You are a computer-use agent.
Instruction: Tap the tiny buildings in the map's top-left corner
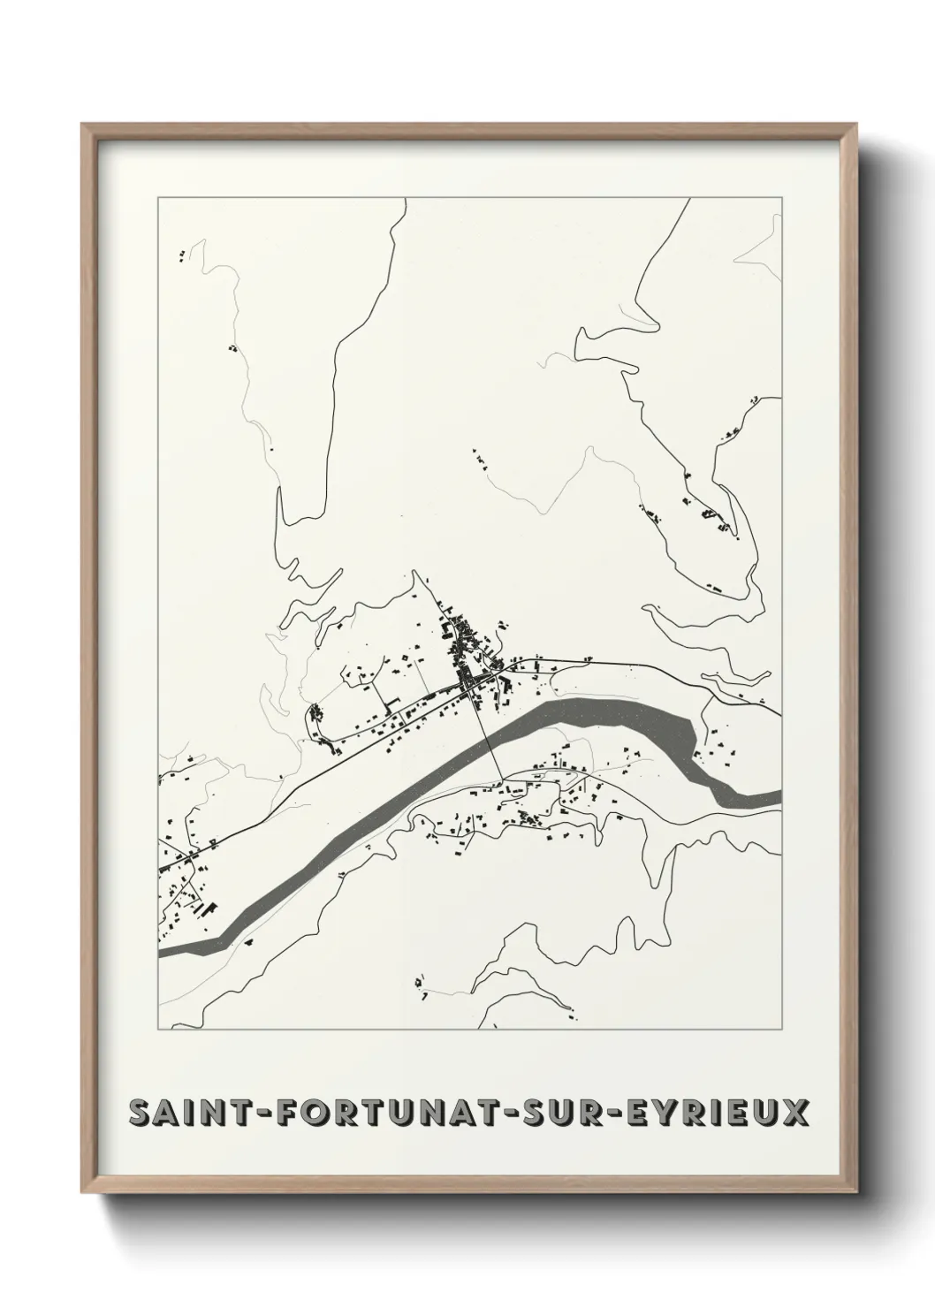183,256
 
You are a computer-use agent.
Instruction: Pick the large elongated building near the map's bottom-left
209,908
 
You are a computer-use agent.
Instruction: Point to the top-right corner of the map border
781,198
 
